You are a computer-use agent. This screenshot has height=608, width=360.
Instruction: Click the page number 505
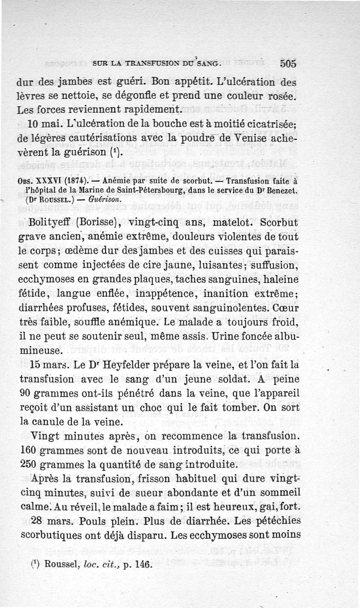coord(288,64)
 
